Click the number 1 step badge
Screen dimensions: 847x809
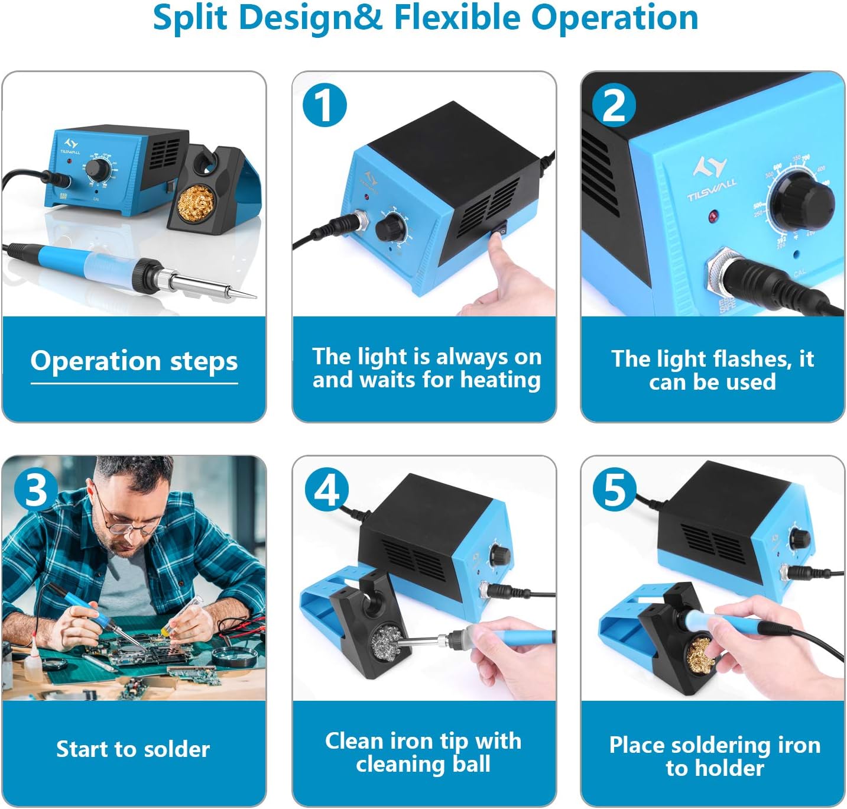(x=324, y=105)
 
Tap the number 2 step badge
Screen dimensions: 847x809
(x=614, y=105)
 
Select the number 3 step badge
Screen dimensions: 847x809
(x=35, y=490)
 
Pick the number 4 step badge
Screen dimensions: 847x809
(x=326, y=490)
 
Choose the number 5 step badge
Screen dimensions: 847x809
(x=614, y=490)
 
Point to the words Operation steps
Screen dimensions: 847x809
(x=134, y=361)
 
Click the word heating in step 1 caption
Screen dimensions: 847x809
(x=500, y=380)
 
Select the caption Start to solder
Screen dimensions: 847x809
(x=133, y=749)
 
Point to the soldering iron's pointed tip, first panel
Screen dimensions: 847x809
(x=256, y=297)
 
